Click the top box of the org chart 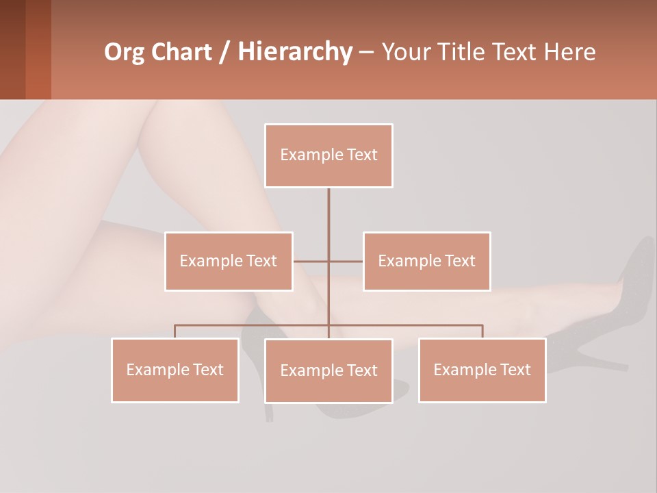(x=328, y=155)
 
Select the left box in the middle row (x=229, y=262)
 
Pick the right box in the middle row (x=426, y=262)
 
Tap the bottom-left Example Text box (x=175, y=370)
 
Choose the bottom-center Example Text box (x=328, y=371)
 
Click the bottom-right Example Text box (x=482, y=370)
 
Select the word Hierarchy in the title (x=295, y=53)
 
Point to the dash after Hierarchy (x=366, y=53)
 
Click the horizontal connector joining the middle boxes (x=346, y=262)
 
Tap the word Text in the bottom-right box (x=515, y=370)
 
